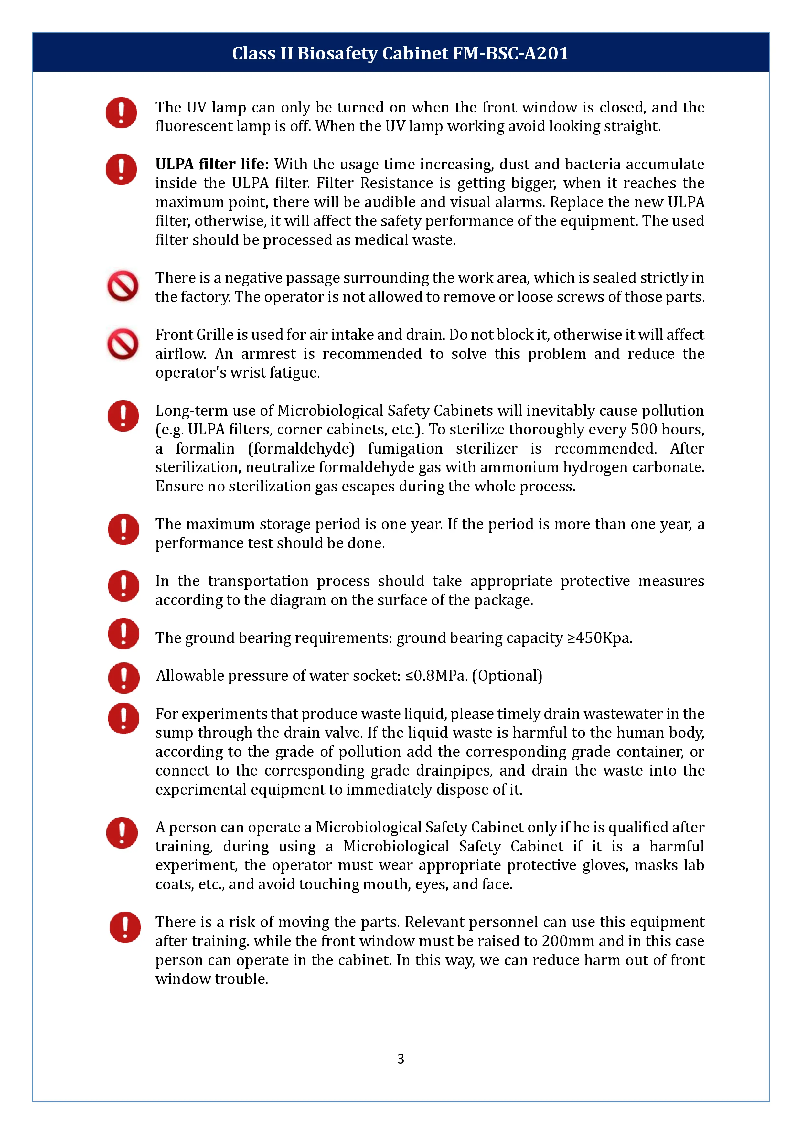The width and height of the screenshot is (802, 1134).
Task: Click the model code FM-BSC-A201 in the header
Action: pyautogui.click(x=511, y=53)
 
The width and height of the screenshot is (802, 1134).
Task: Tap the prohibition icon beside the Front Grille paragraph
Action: pyautogui.click(x=123, y=344)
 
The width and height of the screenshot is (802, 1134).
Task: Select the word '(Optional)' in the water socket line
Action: pyautogui.click(x=507, y=676)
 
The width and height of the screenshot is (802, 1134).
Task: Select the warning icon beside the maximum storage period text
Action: pyautogui.click(x=123, y=530)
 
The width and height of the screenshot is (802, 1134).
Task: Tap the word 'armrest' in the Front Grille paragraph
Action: pyautogui.click(x=268, y=354)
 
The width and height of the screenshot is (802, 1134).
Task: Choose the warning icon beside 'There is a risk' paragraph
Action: pyautogui.click(x=125, y=927)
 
